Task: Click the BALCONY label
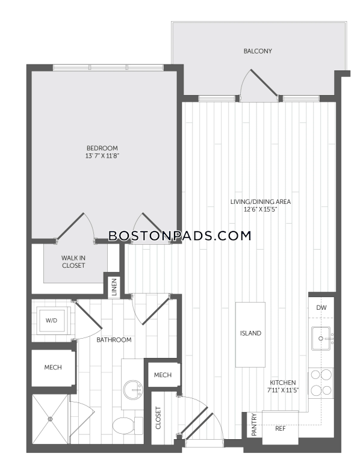(x=258, y=51)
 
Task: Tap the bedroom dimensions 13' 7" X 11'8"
(x=102, y=156)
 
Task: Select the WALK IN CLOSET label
(x=73, y=262)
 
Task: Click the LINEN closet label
(x=114, y=287)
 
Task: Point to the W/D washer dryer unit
(x=51, y=321)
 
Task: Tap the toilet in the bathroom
(x=128, y=425)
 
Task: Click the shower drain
(x=50, y=419)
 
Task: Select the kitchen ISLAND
(x=250, y=334)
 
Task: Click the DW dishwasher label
(x=321, y=307)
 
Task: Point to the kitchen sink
(x=321, y=339)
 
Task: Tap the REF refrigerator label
(x=281, y=429)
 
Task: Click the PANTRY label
(x=254, y=425)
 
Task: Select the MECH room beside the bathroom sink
(x=163, y=375)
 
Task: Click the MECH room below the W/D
(x=53, y=368)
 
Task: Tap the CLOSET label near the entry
(x=158, y=418)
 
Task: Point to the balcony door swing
(x=259, y=85)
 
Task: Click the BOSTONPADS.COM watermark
(x=180, y=236)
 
